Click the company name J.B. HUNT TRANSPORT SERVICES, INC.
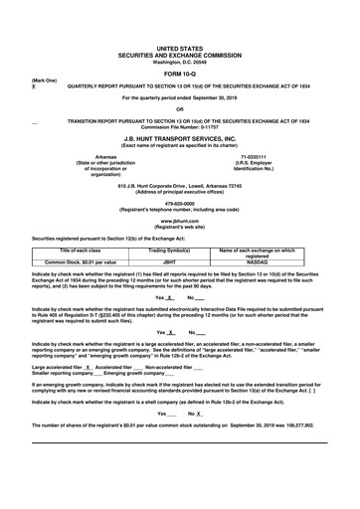click(x=180, y=139)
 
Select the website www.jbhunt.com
click(x=180, y=219)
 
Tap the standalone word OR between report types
click(x=180, y=109)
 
